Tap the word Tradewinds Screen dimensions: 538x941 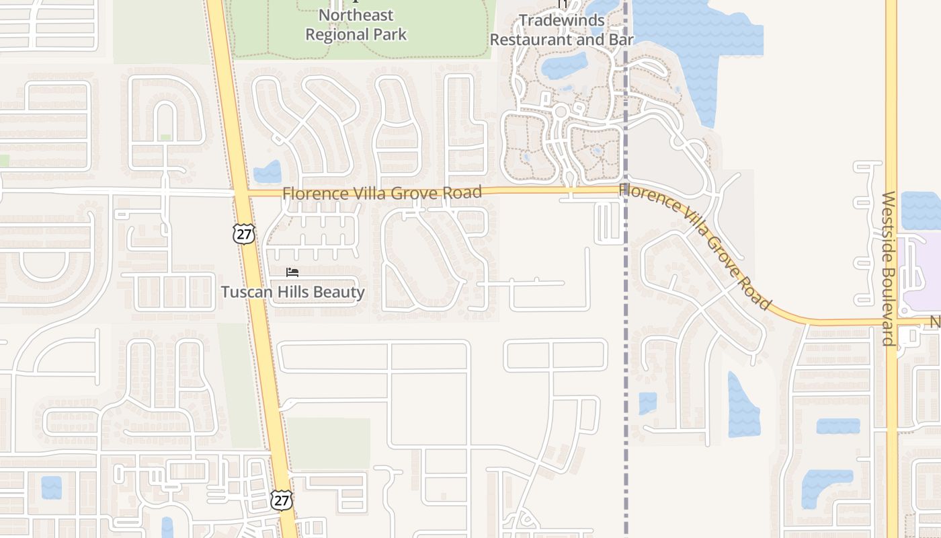[562, 20]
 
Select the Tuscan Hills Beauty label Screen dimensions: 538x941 [293, 293]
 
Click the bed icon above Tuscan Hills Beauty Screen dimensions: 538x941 [292, 272]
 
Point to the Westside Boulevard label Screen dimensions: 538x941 [888, 268]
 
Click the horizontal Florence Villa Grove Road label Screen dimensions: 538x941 [382, 194]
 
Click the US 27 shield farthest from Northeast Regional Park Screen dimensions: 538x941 [282, 499]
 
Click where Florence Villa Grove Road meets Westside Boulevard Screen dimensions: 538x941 [891, 323]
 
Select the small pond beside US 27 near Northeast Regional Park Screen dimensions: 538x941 [268, 172]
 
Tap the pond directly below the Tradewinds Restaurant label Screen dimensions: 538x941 [564, 66]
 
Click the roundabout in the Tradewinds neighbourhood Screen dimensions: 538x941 [561, 112]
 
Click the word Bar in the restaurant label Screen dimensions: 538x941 [621, 40]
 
